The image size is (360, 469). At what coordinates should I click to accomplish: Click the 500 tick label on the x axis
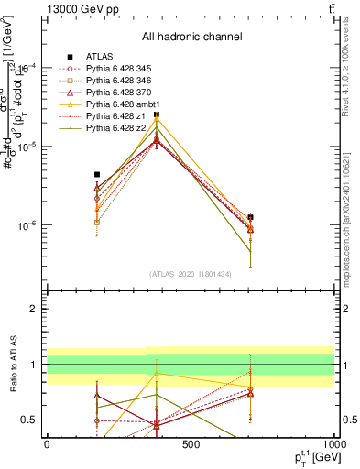coord(191,444)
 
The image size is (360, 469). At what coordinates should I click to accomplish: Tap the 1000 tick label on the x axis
coord(334,444)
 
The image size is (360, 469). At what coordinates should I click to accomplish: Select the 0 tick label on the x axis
coord(47,444)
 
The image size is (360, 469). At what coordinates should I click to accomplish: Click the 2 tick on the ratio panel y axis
coord(34,309)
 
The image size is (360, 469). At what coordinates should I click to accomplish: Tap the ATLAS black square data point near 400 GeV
coord(158,115)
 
